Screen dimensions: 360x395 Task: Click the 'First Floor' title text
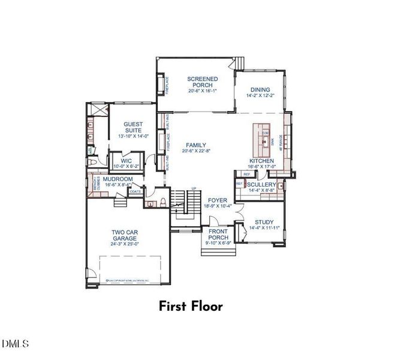pyautogui.click(x=191, y=307)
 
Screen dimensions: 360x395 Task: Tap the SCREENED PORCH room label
pyautogui.click(x=202, y=82)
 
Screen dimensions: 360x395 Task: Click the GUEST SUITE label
pyautogui.click(x=133, y=127)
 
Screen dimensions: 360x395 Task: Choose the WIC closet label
pyautogui.click(x=126, y=161)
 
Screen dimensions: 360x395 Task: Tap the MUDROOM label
pyautogui.click(x=117, y=179)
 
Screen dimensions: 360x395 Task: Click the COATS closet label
pyautogui.click(x=135, y=192)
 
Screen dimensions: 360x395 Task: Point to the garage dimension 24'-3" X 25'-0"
pyautogui.click(x=125, y=244)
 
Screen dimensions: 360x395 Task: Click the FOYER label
pyautogui.click(x=218, y=200)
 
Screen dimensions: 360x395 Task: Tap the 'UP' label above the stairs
pyautogui.click(x=194, y=188)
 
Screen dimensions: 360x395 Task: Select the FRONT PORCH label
pyautogui.click(x=218, y=234)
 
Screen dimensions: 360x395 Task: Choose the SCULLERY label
pyautogui.click(x=261, y=184)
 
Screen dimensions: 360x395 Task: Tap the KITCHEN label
pyautogui.click(x=262, y=161)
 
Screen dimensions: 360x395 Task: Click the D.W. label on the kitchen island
pyautogui.click(x=265, y=133)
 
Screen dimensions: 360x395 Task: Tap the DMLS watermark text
pyautogui.click(x=15, y=344)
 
